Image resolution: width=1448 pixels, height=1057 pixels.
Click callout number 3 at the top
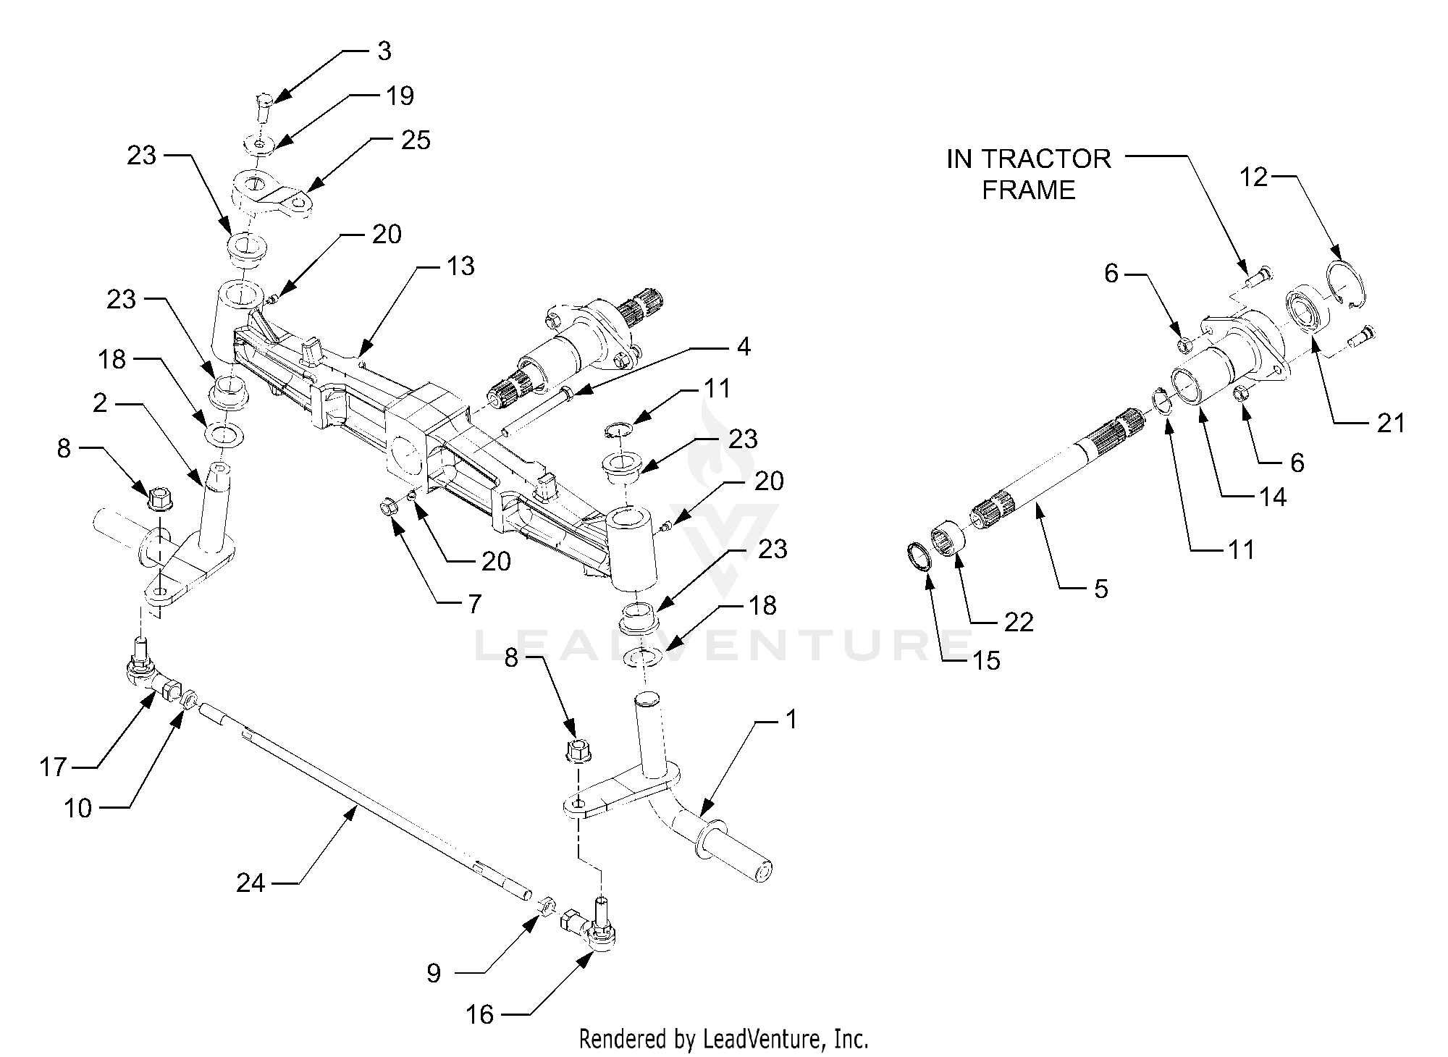pos(384,51)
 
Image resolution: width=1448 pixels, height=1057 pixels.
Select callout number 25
pos(416,140)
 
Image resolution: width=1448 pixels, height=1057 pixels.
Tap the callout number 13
pos(460,266)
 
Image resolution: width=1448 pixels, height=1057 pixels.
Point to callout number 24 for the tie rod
pos(251,883)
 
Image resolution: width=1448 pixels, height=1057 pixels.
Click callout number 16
pos(480,1014)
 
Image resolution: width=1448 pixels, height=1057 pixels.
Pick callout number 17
pos(53,767)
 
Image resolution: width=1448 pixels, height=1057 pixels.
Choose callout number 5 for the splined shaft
pos(1100,589)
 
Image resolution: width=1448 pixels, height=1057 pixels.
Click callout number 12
pos(1254,177)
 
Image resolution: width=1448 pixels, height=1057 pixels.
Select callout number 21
pos(1390,423)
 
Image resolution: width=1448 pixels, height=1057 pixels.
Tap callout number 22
pos(1019,622)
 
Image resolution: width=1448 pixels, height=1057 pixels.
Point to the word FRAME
pos(1029,190)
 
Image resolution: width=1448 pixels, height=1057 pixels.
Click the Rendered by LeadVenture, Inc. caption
pos(723,1040)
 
